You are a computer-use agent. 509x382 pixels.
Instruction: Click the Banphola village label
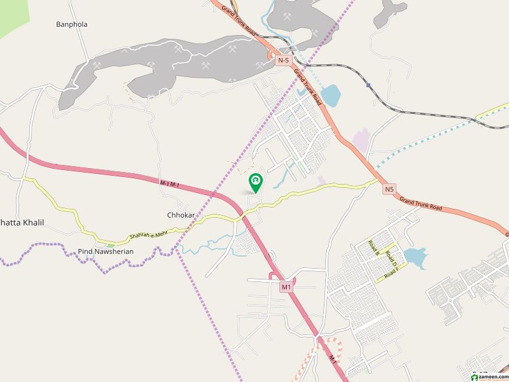point(72,24)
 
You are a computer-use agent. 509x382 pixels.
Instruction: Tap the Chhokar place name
point(180,215)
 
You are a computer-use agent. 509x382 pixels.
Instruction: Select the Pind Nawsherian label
point(106,251)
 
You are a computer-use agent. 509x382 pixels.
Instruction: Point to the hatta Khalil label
point(22,222)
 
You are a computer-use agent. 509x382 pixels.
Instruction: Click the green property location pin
point(255,182)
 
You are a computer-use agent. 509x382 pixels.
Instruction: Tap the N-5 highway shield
point(284,60)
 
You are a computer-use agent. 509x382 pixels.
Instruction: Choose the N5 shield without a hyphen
point(389,189)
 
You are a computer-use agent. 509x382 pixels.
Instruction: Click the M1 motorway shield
point(286,287)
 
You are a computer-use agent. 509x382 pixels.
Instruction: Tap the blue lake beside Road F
point(415,258)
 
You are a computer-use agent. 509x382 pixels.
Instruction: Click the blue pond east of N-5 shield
point(330,95)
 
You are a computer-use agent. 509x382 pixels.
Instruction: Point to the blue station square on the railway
point(368,84)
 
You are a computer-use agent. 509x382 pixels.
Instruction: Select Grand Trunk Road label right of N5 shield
point(421,204)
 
